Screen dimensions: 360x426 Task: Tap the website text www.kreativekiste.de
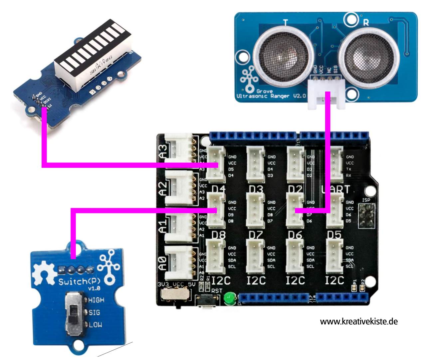(x=359, y=322)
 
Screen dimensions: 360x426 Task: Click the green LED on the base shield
(x=229, y=298)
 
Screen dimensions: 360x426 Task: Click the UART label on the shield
(x=335, y=190)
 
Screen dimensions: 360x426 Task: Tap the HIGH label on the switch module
(x=96, y=300)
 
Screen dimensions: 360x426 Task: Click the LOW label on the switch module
(x=95, y=325)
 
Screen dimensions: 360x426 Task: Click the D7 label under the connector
(x=256, y=235)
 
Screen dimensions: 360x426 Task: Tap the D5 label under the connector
(x=334, y=235)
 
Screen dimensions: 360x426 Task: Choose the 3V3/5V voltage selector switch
(x=174, y=294)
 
